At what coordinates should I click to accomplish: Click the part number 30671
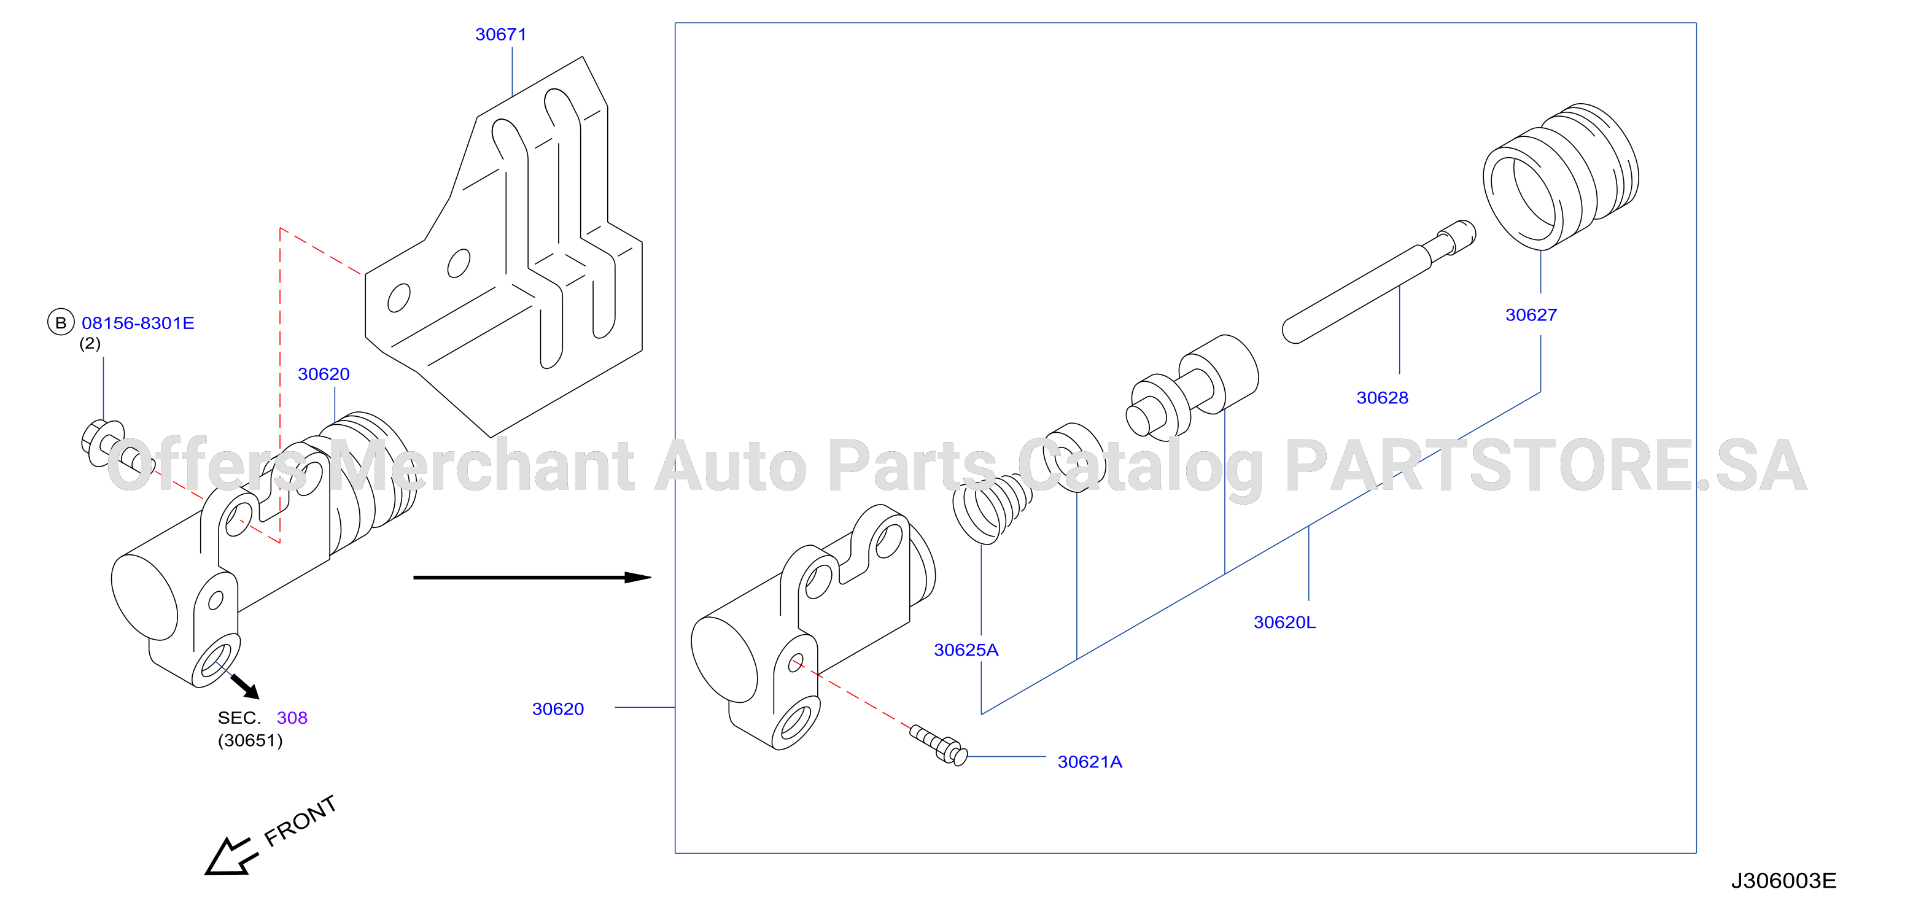[500, 34]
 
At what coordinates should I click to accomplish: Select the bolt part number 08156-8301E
[138, 322]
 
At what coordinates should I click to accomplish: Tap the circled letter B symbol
[61, 322]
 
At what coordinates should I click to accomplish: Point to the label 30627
[1531, 314]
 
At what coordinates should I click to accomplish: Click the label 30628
[1382, 397]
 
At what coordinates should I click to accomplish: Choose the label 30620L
[1284, 622]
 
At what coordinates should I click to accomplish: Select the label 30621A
[1089, 761]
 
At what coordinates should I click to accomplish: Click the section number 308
[292, 718]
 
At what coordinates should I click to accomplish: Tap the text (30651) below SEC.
[250, 740]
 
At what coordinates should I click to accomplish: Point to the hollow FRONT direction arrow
[231, 857]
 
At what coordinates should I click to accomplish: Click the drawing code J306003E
[1783, 880]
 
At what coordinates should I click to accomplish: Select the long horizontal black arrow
[532, 576]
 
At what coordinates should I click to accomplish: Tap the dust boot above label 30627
[1561, 176]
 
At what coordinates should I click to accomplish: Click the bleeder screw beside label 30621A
[938, 744]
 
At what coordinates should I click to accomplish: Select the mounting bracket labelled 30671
[504, 247]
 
